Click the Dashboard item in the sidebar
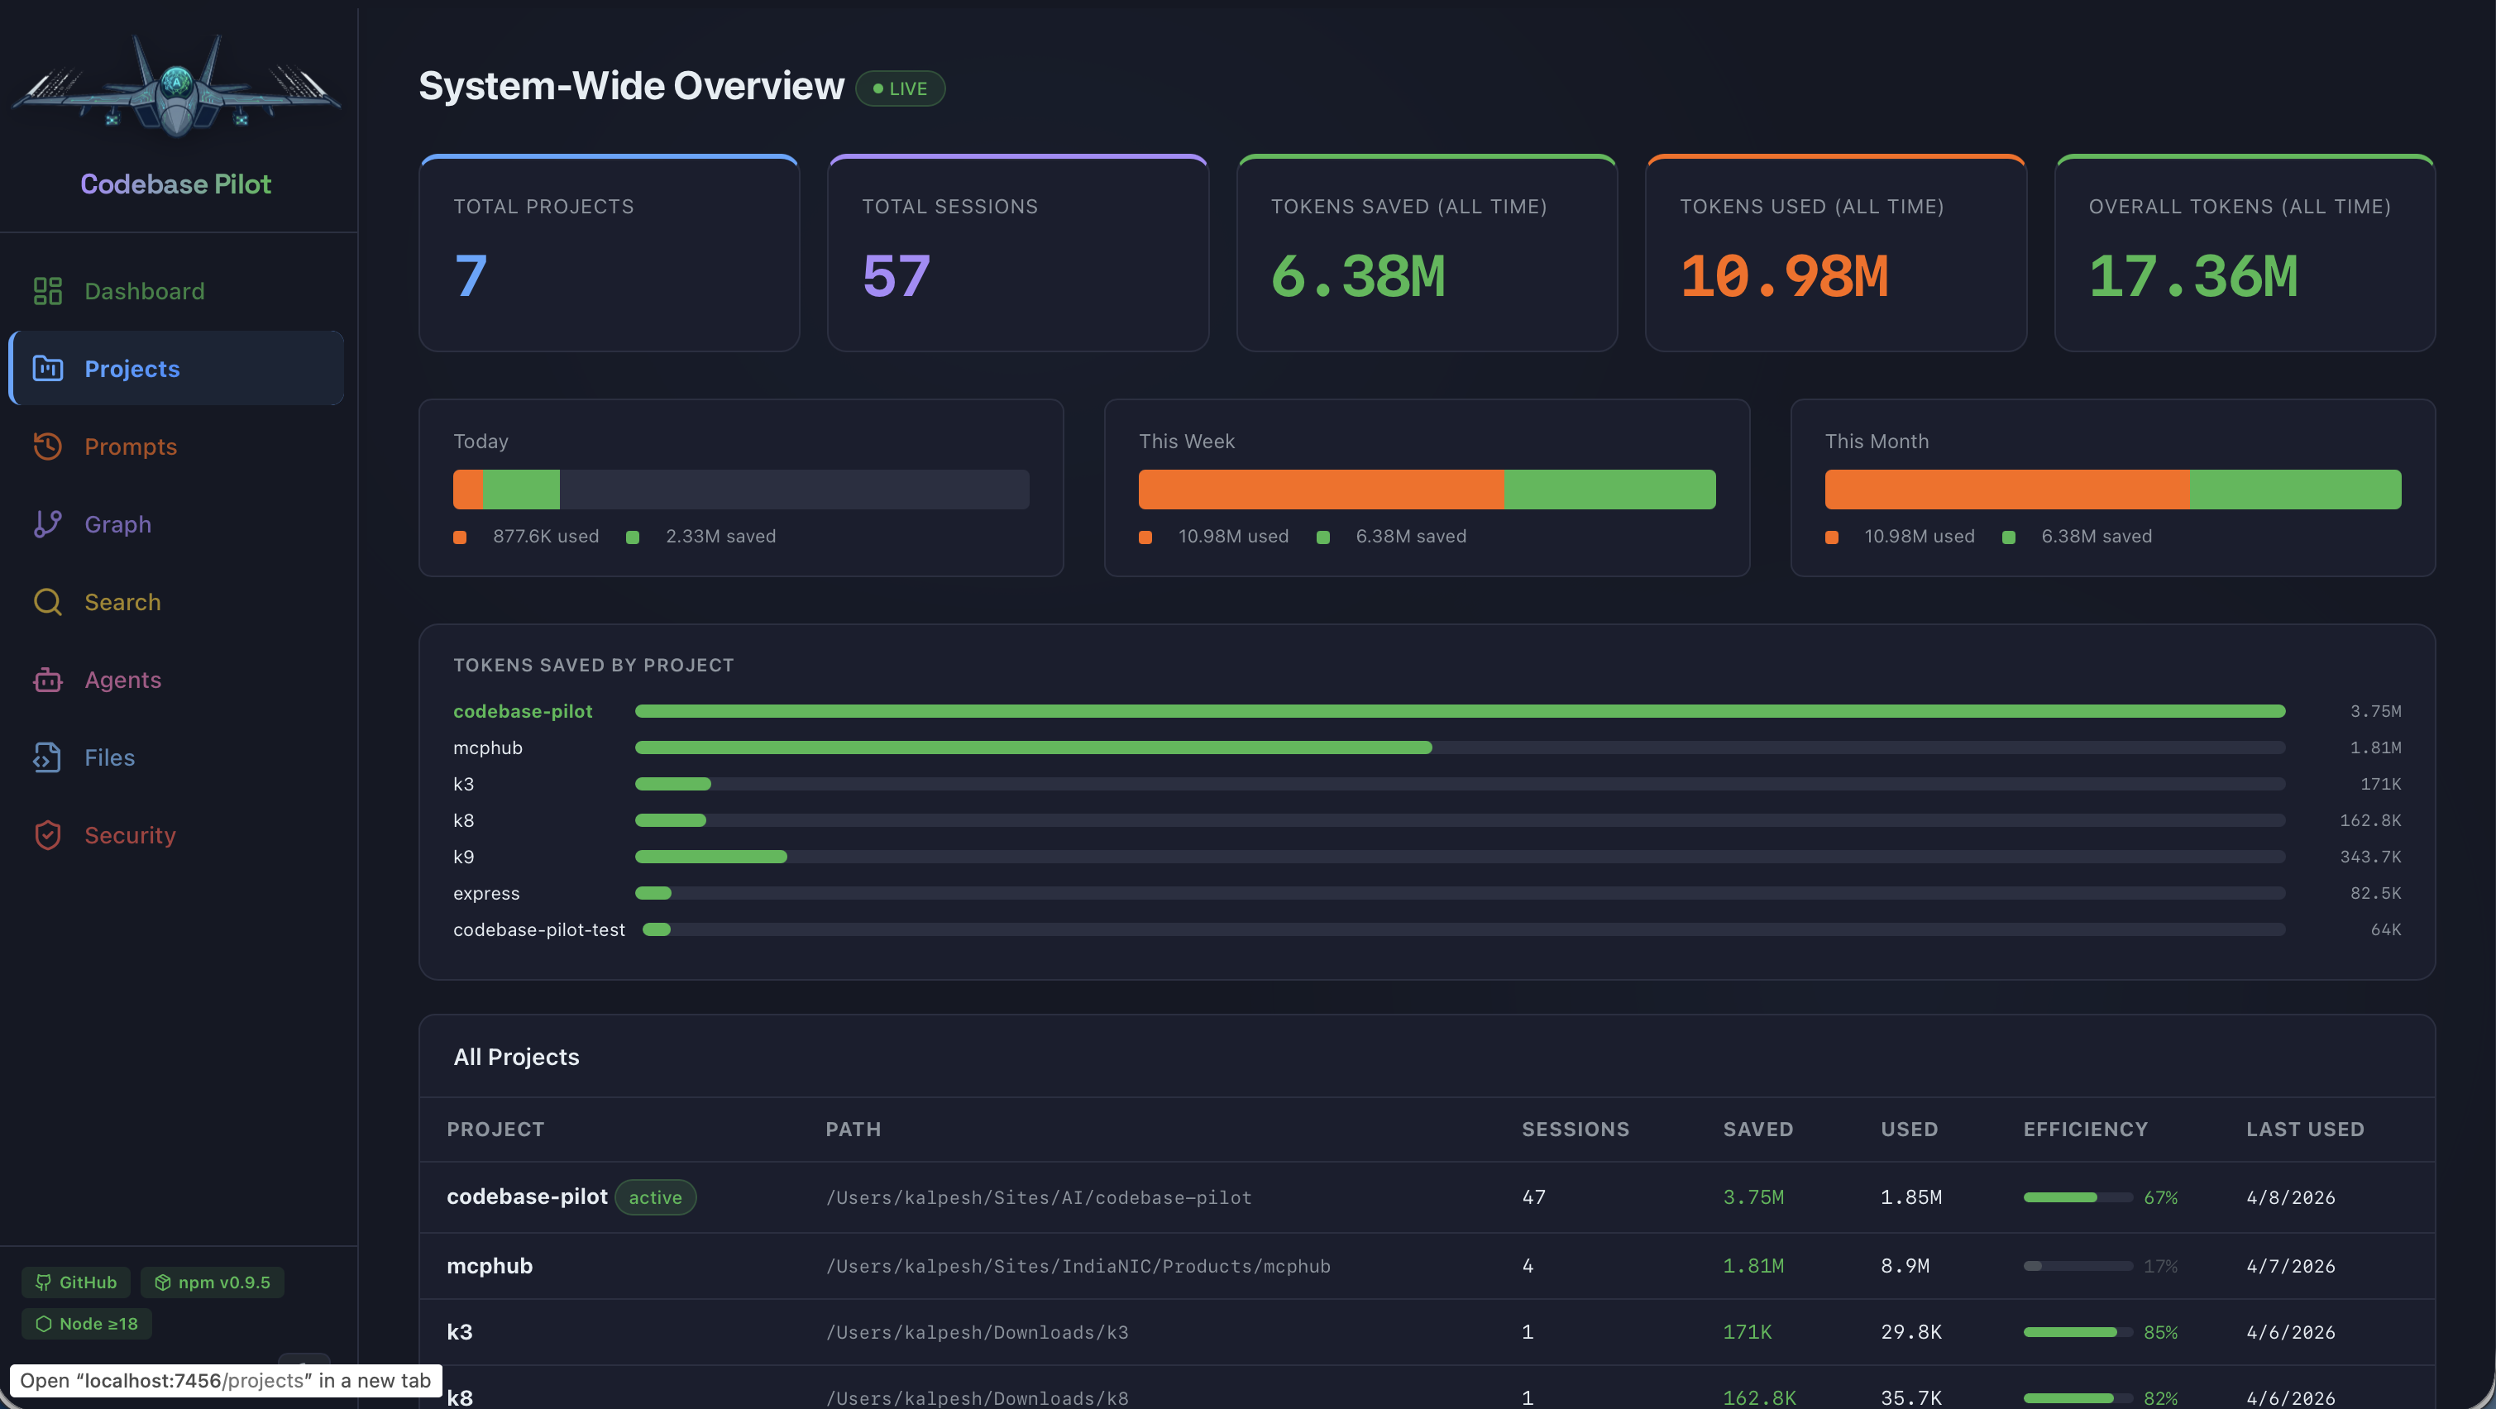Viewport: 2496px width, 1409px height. pyautogui.click(x=143, y=291)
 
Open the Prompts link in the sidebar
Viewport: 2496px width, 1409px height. pyautogui.click(x=130, y=447)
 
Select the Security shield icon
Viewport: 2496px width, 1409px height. pyautogui.click(x=47, y=835)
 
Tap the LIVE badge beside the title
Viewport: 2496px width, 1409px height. pyautogui.click(x=900, y=88)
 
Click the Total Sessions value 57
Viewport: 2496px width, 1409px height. pyautogui.click(x=897, y=276)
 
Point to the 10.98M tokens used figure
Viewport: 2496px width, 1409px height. pyautogui.click(x=1784, y=276)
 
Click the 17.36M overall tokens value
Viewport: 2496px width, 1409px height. pyautogui.click(x=2192, y=276)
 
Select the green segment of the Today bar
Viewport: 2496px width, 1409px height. pyautogui.click(x=521, y=490)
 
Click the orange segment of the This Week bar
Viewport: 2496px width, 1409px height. pyautogui.click(x=1321, y=490)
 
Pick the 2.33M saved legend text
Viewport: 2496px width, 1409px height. pyautogui.click(x=720, y=537)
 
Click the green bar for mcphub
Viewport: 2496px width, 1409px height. pyautogui.click(x=1033, y=748)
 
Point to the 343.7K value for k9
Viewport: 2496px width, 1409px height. pyautogui.click(x=2370, y=857)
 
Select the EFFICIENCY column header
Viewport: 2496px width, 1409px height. pyautogui.click(x=2085, y=1130)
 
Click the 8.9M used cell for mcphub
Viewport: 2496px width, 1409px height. pyautogui.click(x=1905, y=1266)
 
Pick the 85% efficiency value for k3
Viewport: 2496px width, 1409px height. pyautogui.click(x=2159, y=1332)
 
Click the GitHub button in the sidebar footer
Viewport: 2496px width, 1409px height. pyautogui.click(x=77, y=1282)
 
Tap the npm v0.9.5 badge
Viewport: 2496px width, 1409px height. pyautogui.click(x=213, y=1282)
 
